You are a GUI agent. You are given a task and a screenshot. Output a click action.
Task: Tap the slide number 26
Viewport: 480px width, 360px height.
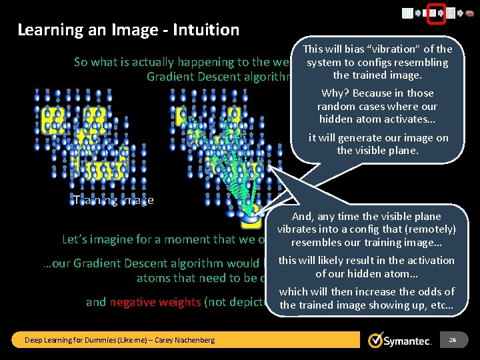point(452,340)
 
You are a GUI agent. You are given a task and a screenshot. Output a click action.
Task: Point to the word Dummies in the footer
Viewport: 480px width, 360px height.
point(91,340)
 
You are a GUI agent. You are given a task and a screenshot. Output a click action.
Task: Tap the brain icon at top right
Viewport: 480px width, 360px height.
point(468,13)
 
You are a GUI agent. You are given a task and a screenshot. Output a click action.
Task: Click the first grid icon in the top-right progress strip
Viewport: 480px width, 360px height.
point(407,13)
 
